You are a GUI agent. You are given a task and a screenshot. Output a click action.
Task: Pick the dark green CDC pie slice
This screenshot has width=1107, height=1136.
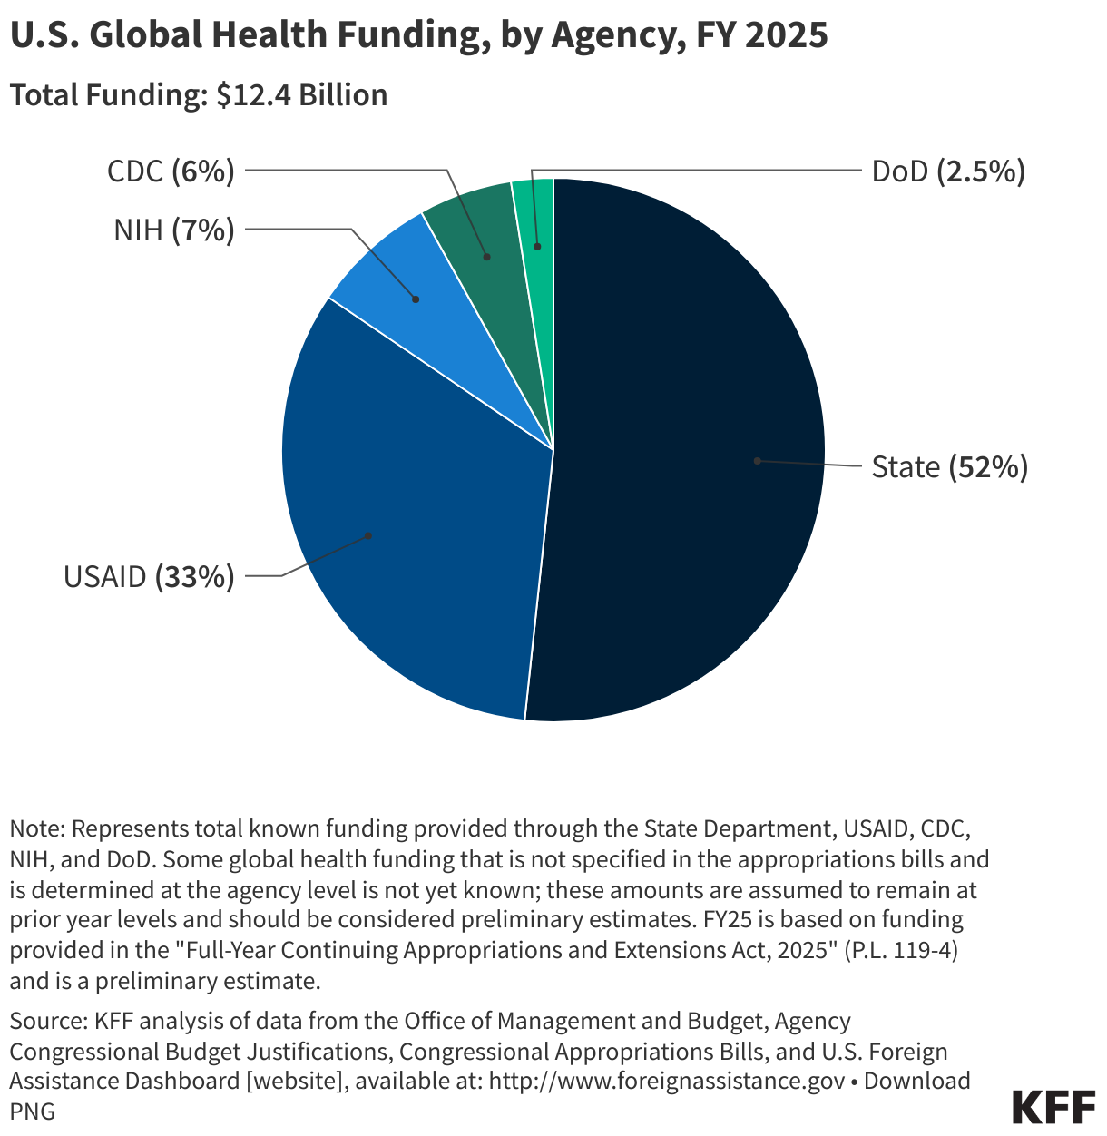(476, 227)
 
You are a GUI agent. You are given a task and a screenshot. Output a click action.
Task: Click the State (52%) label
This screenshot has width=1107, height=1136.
(949, 467)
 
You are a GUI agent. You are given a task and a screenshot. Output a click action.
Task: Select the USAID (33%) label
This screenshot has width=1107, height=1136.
(149, 576)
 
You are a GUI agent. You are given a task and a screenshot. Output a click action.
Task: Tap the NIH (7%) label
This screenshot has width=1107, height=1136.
(174, 230)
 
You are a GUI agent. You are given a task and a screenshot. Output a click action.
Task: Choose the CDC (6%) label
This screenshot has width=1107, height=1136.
(171, 171)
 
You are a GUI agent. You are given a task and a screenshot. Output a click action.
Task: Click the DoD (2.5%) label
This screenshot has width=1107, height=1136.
(948, 171)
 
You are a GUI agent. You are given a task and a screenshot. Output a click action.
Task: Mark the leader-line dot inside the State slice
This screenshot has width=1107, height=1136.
(757, 461)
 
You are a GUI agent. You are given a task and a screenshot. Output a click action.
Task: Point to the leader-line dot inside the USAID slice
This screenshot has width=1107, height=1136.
(369, 535)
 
